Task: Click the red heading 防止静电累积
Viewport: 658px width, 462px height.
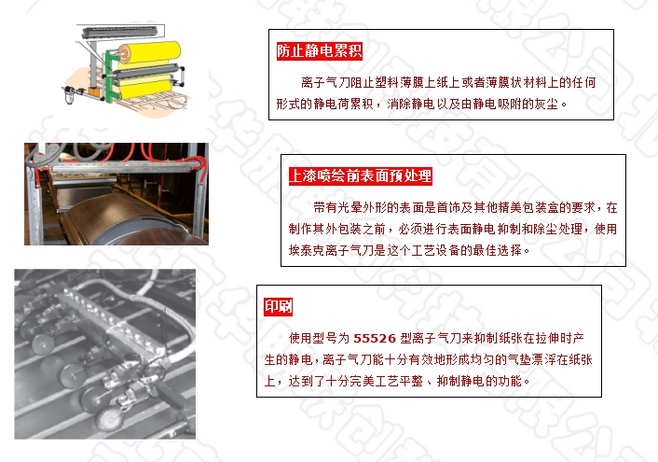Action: [x=320, y=50]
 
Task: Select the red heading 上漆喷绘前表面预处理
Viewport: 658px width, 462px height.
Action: [x=361, y=175]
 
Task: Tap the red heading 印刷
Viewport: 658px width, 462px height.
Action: [x=278, y=306]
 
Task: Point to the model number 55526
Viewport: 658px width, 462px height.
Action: [x=375, y=339]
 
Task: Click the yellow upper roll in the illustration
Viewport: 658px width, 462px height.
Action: [x=151, y=53]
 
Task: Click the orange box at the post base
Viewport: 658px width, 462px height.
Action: [x=93, y=91]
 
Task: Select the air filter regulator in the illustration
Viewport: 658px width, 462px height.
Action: [x=70, y=94]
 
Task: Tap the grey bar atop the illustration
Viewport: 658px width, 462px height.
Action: [x=119, y=32]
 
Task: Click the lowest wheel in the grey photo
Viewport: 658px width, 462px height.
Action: [x=109, y=419]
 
